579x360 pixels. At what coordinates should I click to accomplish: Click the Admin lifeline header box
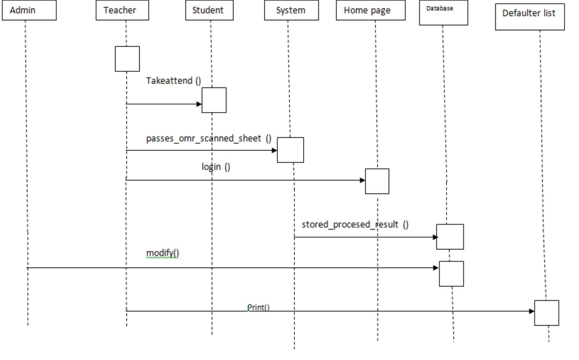(x=29, y=10)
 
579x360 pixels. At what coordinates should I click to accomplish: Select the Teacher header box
(x=122, y=10)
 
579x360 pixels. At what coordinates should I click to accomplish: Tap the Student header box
(x=209, y=10)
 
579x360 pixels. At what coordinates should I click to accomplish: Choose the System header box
(x=291, y=10)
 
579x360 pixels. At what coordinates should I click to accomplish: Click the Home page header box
(x=371, y=10)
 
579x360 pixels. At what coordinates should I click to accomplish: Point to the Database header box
(x=443, y=13)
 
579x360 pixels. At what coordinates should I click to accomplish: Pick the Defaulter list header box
(x=530, y=17)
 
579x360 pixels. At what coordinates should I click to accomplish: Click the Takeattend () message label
(x=173, y=81)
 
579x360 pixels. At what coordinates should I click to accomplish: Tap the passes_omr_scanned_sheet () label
(x=209, y=138)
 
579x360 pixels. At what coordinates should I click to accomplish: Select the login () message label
(x=216, y=167)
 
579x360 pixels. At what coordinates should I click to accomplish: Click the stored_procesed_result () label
(x=355, y=225)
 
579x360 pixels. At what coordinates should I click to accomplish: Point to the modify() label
(x=163, y=253)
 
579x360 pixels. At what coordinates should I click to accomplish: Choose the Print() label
(x=258, y=307)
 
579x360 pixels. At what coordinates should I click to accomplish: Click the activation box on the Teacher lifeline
(x=127, y=59)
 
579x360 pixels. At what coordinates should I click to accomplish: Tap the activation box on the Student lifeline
(x=214, y=100)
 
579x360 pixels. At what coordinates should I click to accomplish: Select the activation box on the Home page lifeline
(x=377, y=181)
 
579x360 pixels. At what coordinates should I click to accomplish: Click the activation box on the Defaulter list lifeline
(x=546, y=313)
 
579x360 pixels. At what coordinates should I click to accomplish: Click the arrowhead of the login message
(x=362, y=180)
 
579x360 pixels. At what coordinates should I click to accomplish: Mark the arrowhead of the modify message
(x=435, y=268)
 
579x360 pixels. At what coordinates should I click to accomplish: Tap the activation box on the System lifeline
(x=290, y=150)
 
